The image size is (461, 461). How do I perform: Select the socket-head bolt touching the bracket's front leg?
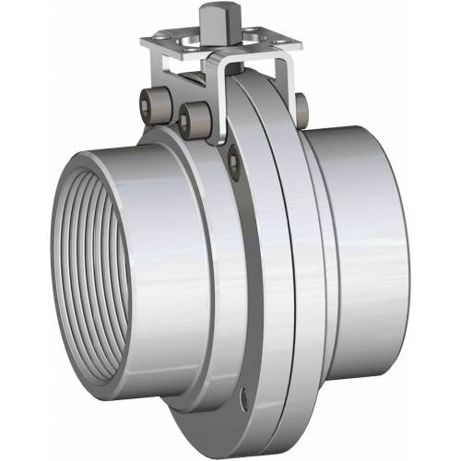[195, 116]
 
